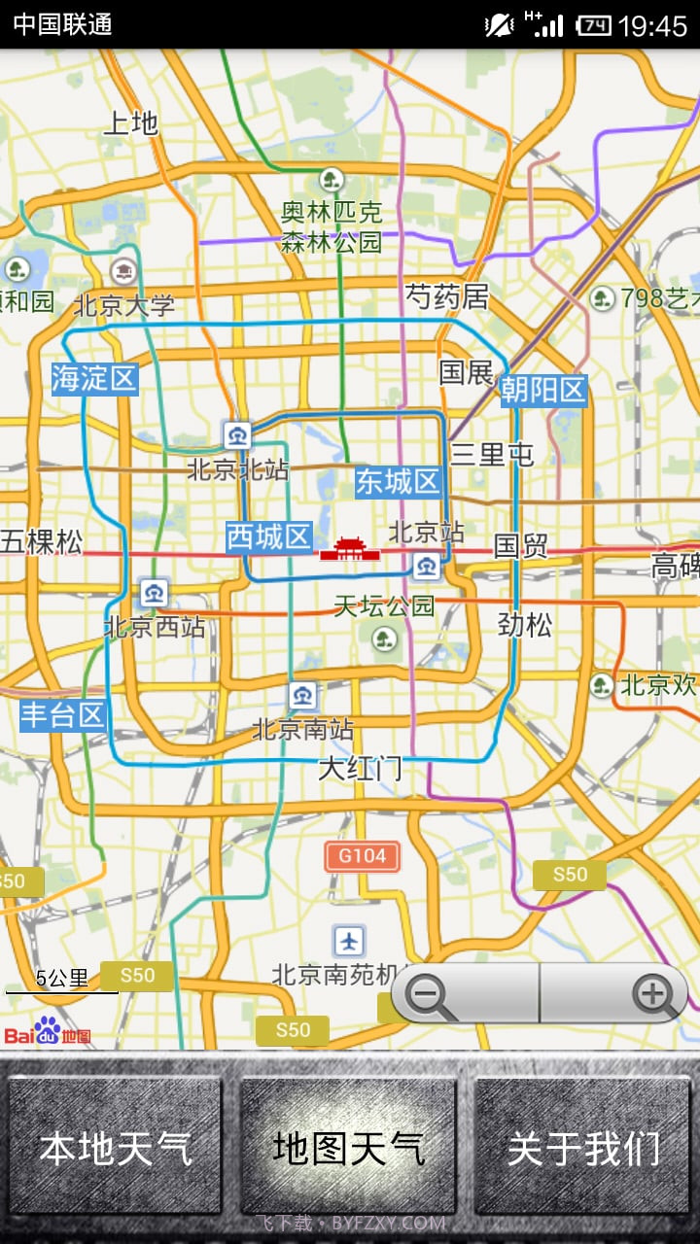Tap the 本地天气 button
coord(116,1147)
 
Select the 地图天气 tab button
coord(348,1147)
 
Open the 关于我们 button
coord(582,1147)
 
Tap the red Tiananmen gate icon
coord(349,549)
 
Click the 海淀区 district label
coord(94,378)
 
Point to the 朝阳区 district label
coord(543,391)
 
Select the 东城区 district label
coord(398,481)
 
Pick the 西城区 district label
coord(269,536)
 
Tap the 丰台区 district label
coord(63,716)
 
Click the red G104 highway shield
coord(362,856)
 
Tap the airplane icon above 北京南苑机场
coord(349,940)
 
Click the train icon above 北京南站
coord(302,695)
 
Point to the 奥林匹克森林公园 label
coord(332,226)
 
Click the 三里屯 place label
coord(492,454)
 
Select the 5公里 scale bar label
coord(61,978)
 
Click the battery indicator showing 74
coord(593,25)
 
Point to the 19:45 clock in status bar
coord(652,25)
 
